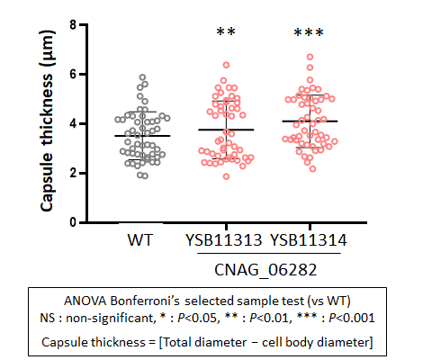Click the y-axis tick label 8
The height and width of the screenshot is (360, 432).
coord(74,24)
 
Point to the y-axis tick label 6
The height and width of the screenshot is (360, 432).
coord(74,74)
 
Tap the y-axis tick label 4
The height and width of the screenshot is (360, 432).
coord(74,123)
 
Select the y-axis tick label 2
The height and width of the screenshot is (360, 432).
coord(74,173)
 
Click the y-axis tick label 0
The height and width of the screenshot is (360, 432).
coord(74,222)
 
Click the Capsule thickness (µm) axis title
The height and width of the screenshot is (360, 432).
coord(47,121)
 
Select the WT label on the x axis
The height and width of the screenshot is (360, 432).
coord(140,240)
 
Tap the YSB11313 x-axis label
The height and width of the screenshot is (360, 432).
coord(224,240)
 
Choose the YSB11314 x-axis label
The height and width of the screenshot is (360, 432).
coord(309,240)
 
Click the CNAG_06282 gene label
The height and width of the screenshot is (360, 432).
coord(265,269)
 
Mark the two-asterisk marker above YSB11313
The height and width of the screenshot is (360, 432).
coord(226,31)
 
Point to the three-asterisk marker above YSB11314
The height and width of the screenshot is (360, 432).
coord(309,32)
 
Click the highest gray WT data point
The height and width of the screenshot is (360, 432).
coord(143,77)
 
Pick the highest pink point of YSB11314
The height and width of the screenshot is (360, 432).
coord(310,57)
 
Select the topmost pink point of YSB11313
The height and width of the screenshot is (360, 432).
coord(227,65)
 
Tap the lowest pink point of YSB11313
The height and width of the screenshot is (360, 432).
coord(227,176)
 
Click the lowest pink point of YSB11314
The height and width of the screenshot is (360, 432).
coord(312,169)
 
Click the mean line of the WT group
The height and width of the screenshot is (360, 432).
coord(142,136)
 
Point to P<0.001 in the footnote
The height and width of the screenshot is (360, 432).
coord(352,318)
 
